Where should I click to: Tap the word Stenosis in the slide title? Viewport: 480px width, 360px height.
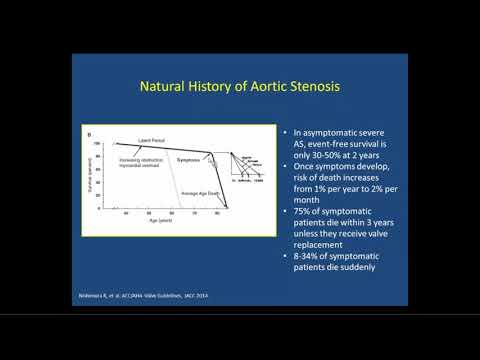pos(314,88)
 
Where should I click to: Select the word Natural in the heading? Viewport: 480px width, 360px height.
pos(165,88)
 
